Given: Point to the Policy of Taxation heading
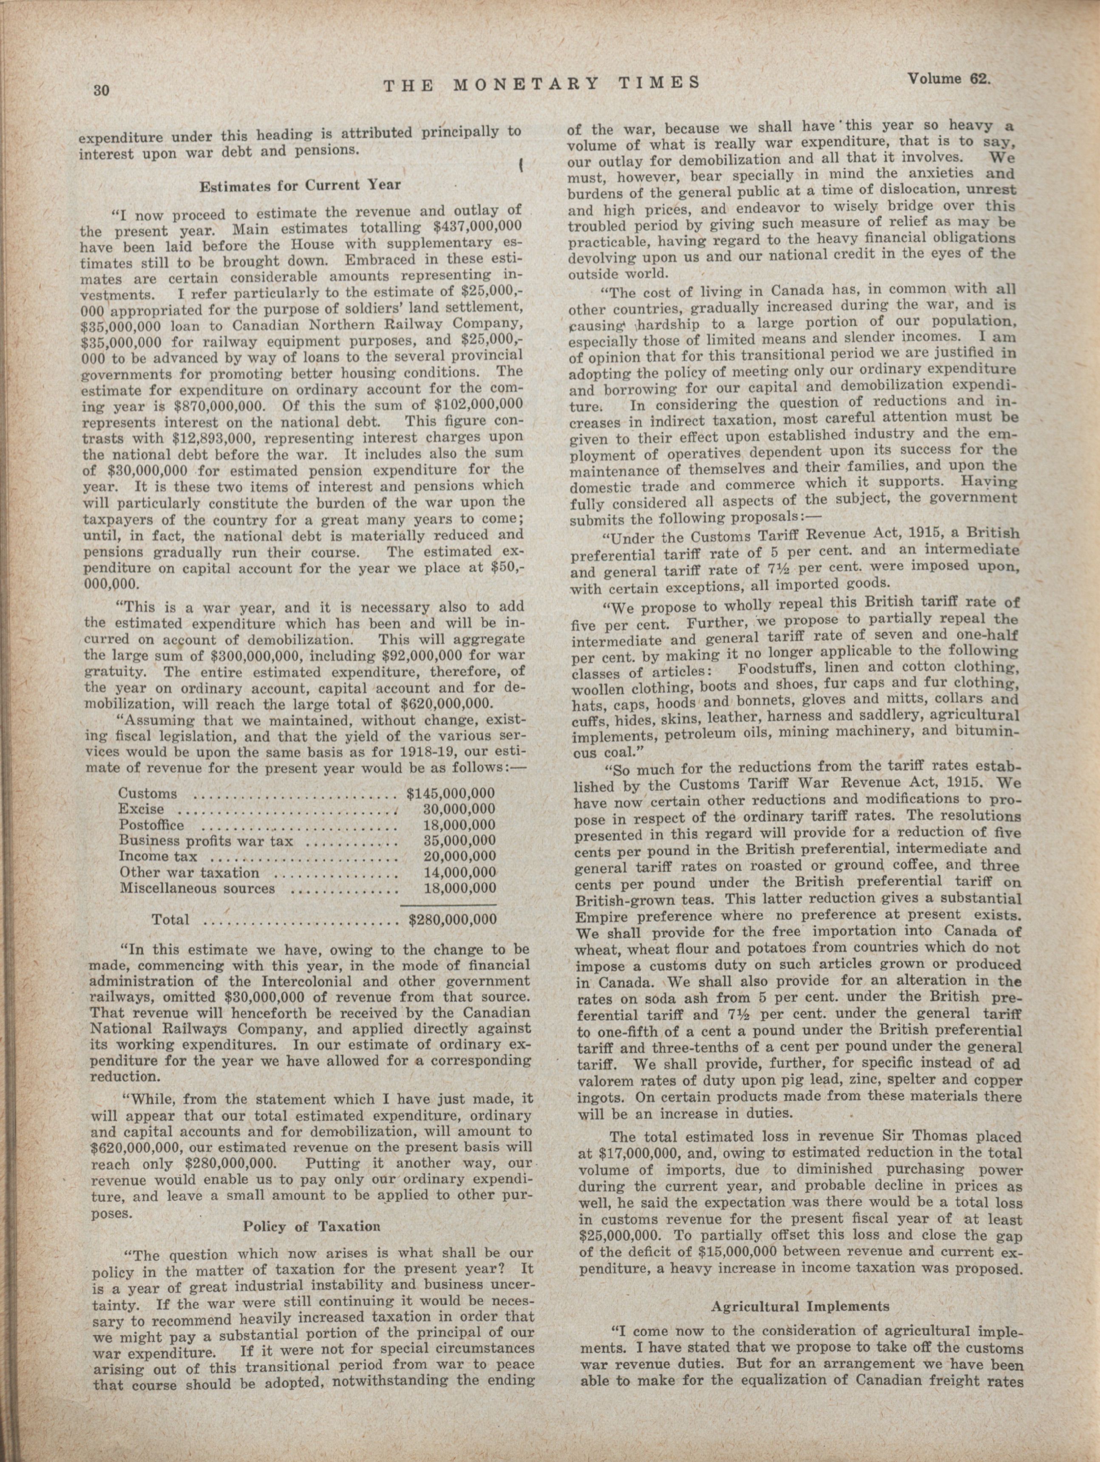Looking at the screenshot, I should pyautogui.click(x=312, y=1226).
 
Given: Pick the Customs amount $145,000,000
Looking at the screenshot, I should pyautogui.click(x=450, y=793).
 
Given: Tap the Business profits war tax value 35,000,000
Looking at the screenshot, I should pyautogui.click(x=459, y=841).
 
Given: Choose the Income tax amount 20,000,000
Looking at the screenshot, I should pyautogui.click(x=459, y=857).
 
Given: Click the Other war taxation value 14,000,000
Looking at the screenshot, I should pyautogui.click(x=459, y=872).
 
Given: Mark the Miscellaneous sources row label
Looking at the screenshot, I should pyautogui.click(x=197, y=889).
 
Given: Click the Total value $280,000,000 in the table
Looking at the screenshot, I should pyautogui.click(x=452, y=919).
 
